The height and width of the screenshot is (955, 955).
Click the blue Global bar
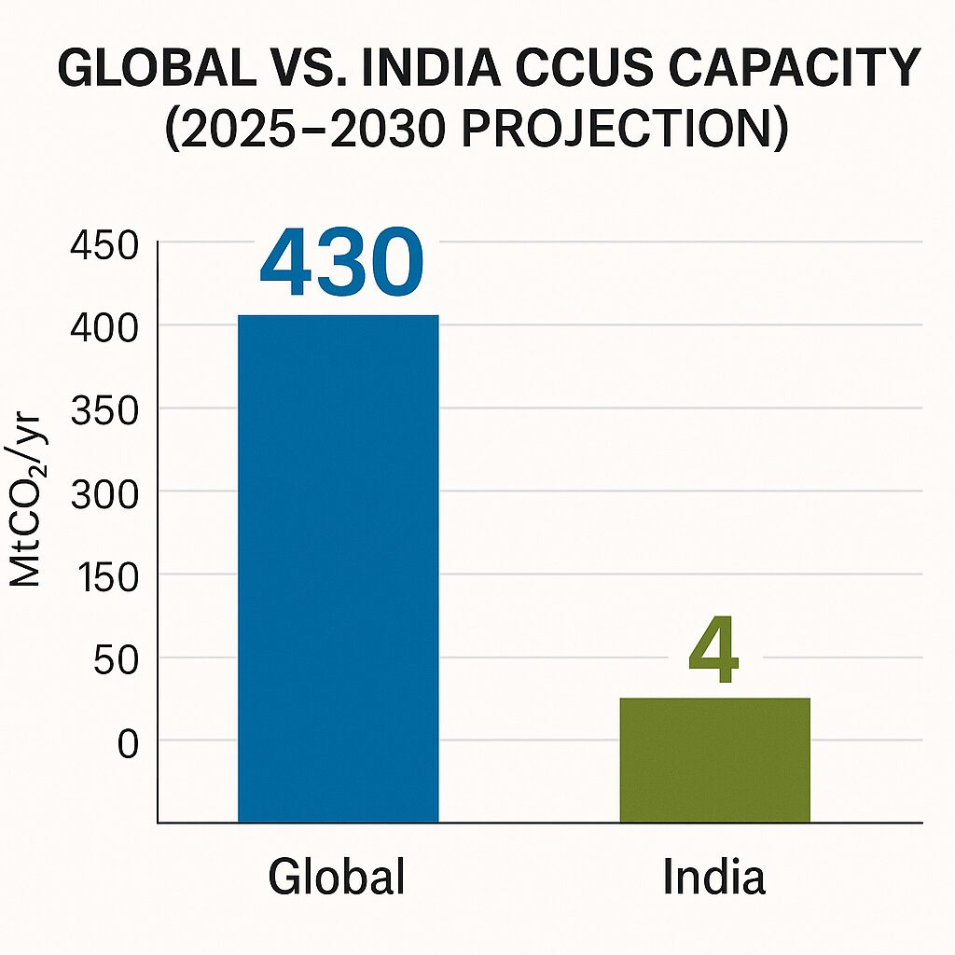338,569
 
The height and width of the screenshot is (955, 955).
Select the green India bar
714,760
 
